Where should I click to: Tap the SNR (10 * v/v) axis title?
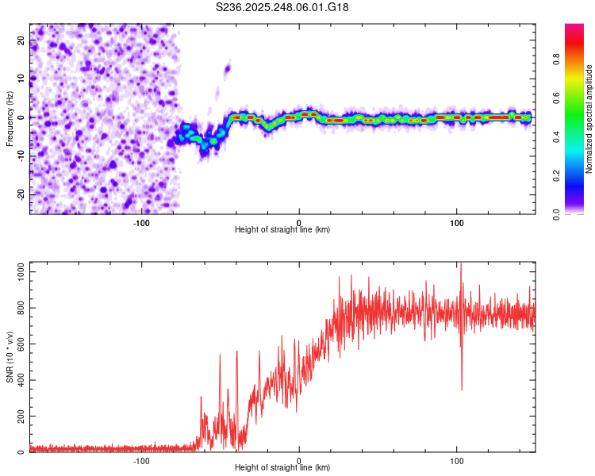[x=10, y=357]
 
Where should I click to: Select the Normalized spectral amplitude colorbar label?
[x=589, y=119]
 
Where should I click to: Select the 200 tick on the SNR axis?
[x=18, y=416]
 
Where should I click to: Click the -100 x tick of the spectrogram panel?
[x=141, y=222]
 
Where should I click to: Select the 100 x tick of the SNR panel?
[x=456, y=461]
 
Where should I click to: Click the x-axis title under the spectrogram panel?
[x=283, y=230]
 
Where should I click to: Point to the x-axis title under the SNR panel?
[x=283, y=468]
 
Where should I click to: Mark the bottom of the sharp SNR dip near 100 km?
[x=462, y=390]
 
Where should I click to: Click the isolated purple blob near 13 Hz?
[x=228, y=68]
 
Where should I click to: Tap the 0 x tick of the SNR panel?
[x=299, y=461]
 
